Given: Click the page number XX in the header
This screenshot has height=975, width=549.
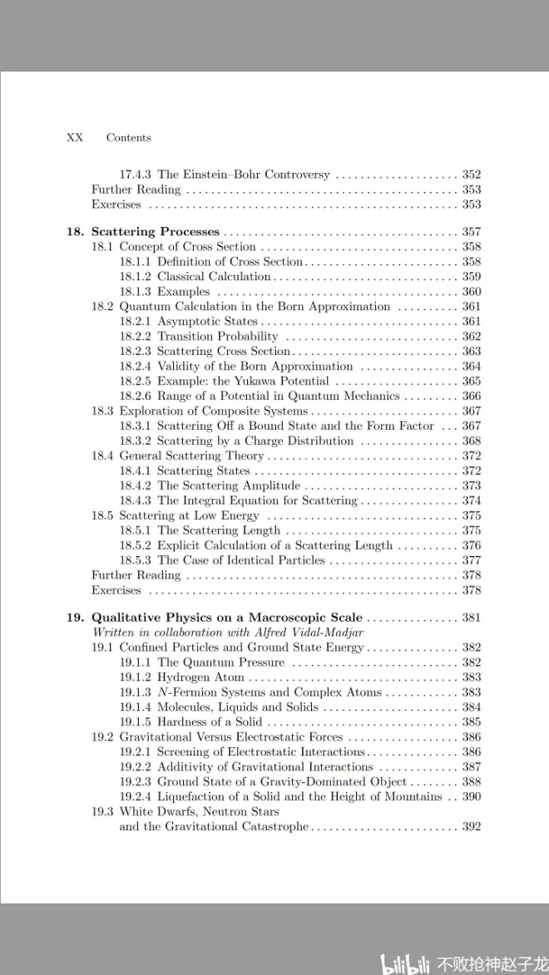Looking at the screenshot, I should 74,138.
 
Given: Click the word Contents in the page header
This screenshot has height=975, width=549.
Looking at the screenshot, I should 128,138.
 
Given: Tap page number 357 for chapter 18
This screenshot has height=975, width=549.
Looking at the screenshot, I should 471,232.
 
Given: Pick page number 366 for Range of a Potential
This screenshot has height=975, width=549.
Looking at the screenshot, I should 471,396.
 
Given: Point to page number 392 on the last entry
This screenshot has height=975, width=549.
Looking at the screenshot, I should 471,826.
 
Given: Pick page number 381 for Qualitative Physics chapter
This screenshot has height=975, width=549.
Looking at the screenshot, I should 471,618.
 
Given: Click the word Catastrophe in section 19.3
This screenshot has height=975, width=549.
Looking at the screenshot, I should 274,826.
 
